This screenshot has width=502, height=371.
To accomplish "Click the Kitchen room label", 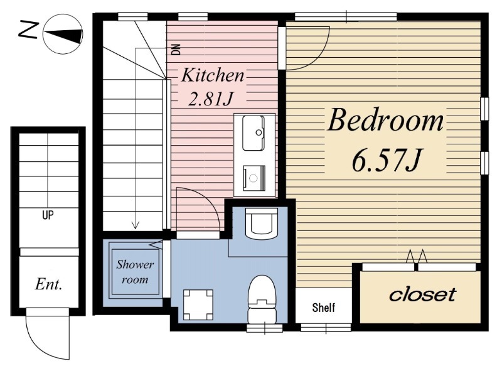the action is point(213,75).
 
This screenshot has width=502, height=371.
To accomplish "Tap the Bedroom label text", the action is point(385,120).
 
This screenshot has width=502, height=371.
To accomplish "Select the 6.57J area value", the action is point(385,160).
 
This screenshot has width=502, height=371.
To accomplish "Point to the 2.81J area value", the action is point(210,99).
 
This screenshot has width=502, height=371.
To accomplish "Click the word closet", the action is point(422,295).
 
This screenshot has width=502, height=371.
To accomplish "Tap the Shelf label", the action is point(324,308).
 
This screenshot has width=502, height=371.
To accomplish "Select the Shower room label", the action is point(135,272).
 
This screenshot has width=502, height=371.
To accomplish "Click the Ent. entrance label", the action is point(48,284).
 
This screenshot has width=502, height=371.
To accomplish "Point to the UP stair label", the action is point(48,215).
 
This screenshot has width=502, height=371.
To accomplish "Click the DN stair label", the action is point(176,50).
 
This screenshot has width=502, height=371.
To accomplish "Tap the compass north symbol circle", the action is point(63,34).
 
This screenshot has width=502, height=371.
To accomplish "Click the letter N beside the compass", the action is point(29,30).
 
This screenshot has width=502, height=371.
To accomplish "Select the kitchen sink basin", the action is point(253,133).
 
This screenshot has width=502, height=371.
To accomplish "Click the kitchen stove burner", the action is point(254,178).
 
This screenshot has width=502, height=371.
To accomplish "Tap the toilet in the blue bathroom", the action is point(262,299).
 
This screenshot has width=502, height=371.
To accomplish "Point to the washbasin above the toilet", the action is point(261,223).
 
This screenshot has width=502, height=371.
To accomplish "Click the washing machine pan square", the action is point(198,304).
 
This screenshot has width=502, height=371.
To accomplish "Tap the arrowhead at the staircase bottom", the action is point(136,225).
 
